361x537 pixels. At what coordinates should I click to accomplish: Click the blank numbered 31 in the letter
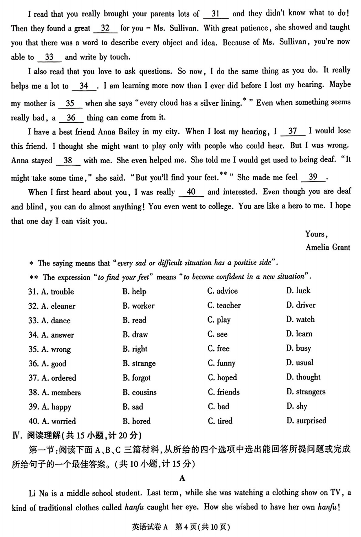pos(216,14)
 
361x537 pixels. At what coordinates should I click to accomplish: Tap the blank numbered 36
pos(71,118)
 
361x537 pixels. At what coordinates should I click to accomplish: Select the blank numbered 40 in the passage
pos(191,192)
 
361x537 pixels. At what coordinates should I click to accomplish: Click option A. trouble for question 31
pos(58,292)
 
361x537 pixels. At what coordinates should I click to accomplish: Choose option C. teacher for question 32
pos(224,305)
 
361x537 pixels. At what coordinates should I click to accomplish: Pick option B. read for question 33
pos(134,320)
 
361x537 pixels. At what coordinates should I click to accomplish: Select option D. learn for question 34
pos(299,334)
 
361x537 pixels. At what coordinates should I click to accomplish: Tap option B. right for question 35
pos(135,349)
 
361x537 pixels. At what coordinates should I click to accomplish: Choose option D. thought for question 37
pos(303,377)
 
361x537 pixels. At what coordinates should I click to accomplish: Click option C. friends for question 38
pos(223,392)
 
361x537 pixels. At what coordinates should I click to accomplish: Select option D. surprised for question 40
pos(306,421)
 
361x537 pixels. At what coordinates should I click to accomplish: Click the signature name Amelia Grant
pos(328,248)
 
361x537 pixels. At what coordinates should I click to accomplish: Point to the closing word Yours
pos(316,234)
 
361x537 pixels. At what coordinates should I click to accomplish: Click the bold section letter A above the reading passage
pos(182,478)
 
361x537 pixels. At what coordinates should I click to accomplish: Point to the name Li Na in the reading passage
pos(38,493)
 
